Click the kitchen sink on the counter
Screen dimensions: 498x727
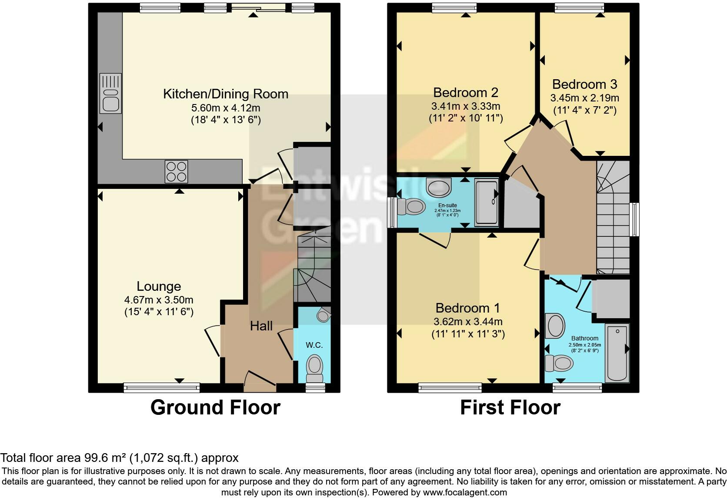[x=110, y=93]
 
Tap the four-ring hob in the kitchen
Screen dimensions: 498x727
[x=176, y=172]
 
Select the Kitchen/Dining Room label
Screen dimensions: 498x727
[x=225, y=94]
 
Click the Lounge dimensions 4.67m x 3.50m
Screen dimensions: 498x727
[x=159, y=299]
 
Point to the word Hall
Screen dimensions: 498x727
[x=261, y=326]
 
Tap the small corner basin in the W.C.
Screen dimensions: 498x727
[x=323, y=315]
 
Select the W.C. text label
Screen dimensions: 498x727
[x=314, y=345]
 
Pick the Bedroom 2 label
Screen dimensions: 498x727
[x=466, y=92]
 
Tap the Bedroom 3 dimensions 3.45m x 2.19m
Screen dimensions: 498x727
[x=584, y=98]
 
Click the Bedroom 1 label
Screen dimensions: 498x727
[x=467, y=308]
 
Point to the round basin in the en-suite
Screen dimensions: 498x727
[x=438, y=188]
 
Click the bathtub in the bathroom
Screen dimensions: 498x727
[x=617, y=353]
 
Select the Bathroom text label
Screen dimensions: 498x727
[x=584, y=338]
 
